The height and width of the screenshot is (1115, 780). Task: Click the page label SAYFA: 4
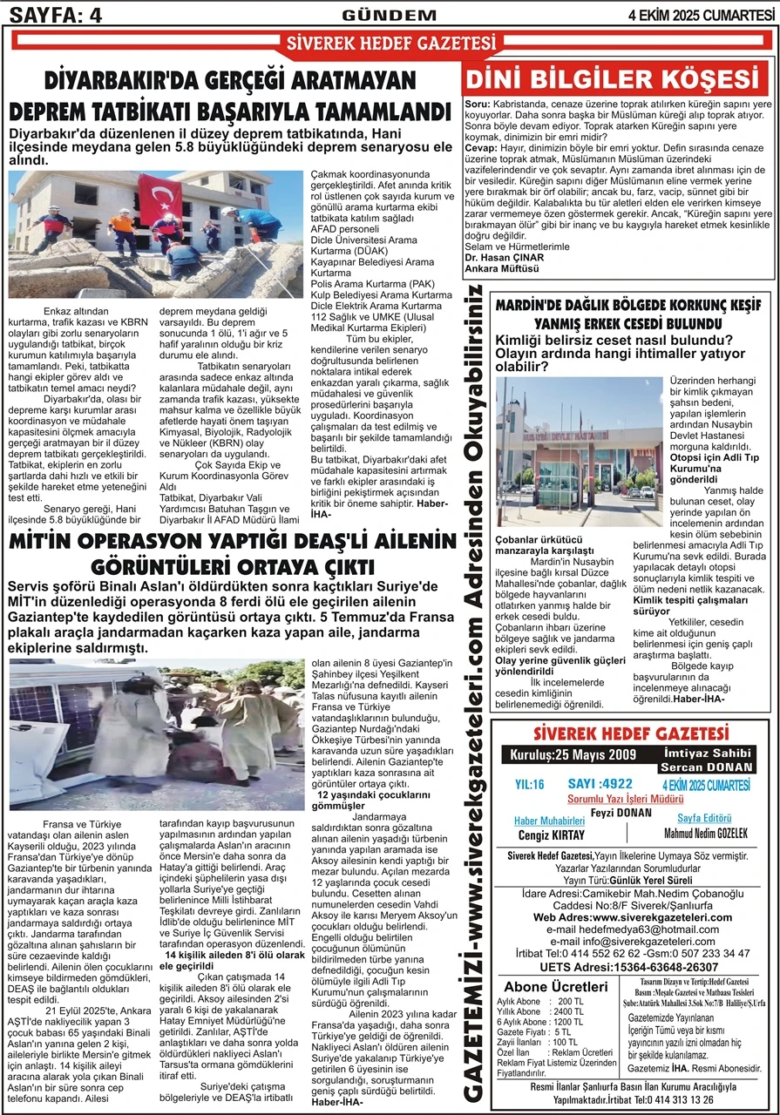coord(53,13)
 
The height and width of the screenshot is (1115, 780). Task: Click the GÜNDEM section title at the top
coord(389,14)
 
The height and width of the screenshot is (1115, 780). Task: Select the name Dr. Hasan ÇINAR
coord(505,258)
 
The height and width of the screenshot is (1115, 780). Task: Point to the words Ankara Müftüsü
coord(503,269)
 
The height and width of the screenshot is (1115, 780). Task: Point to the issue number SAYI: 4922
coord(600,784)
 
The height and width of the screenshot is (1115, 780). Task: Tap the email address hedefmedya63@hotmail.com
coord(629,929)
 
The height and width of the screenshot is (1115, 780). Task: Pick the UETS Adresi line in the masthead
coord(629,967)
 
